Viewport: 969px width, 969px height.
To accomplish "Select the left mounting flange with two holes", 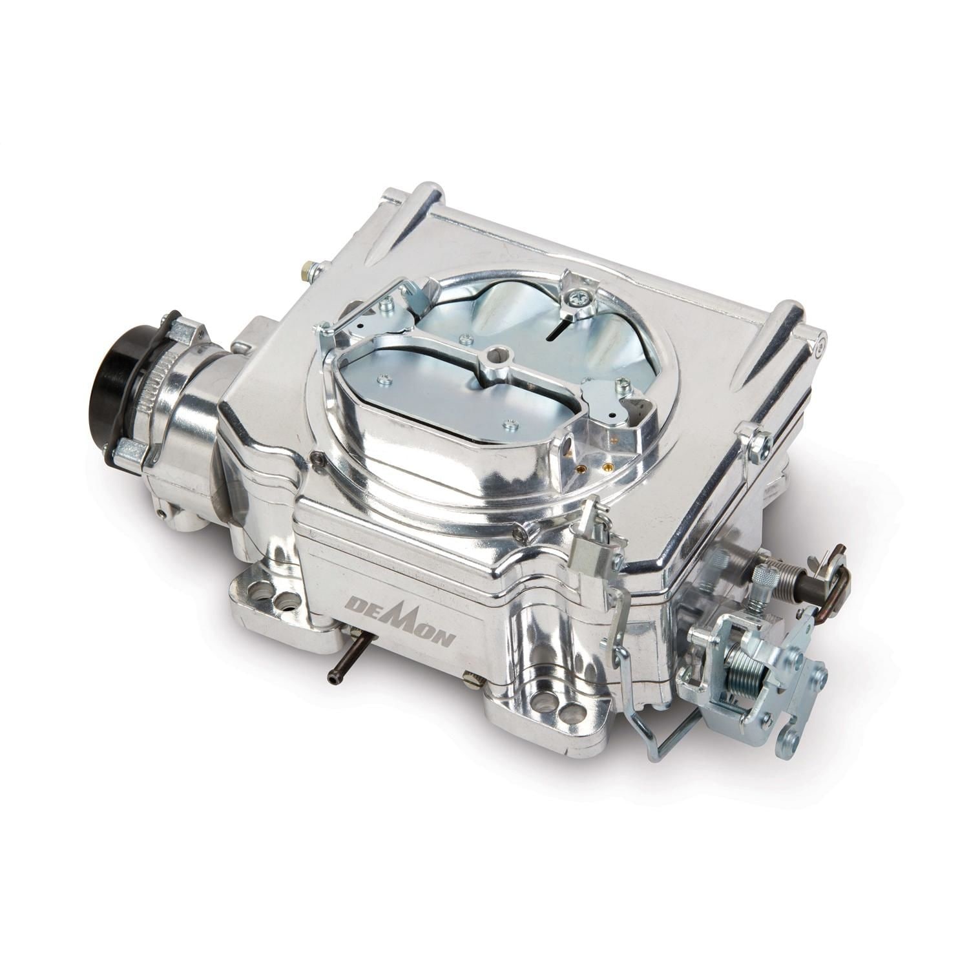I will (x=271, y=601).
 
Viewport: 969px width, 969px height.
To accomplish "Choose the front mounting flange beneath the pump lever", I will (x=562, y=711).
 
